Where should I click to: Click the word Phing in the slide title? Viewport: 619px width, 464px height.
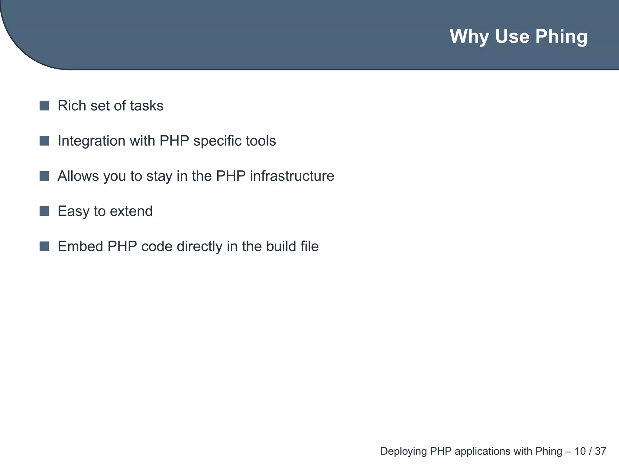pyautogui.click(x=561, y=37)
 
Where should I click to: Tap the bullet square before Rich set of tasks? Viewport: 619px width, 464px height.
pyautogui.click(x=44, y=106)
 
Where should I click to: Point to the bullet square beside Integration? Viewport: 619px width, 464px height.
pyautogui.click(x=44, y=141)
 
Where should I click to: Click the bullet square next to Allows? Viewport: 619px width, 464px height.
pyautogui.click(x=44, y=176)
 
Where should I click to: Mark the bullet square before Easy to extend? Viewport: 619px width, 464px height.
pyautogui.click(x=44, y=211)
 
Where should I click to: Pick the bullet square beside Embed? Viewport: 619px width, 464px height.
pyautogui.click(x=44, y=246)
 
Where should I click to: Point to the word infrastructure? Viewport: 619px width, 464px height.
pyautogui.click(x=292, y=176)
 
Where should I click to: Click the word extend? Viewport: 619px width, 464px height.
pyautogui.click(x=131, y=211)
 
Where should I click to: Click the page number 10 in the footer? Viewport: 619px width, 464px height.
pyautogui.click(x=580, y=451)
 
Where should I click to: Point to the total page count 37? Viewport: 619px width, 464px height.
pyautogui.click(x=601, y=451)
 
